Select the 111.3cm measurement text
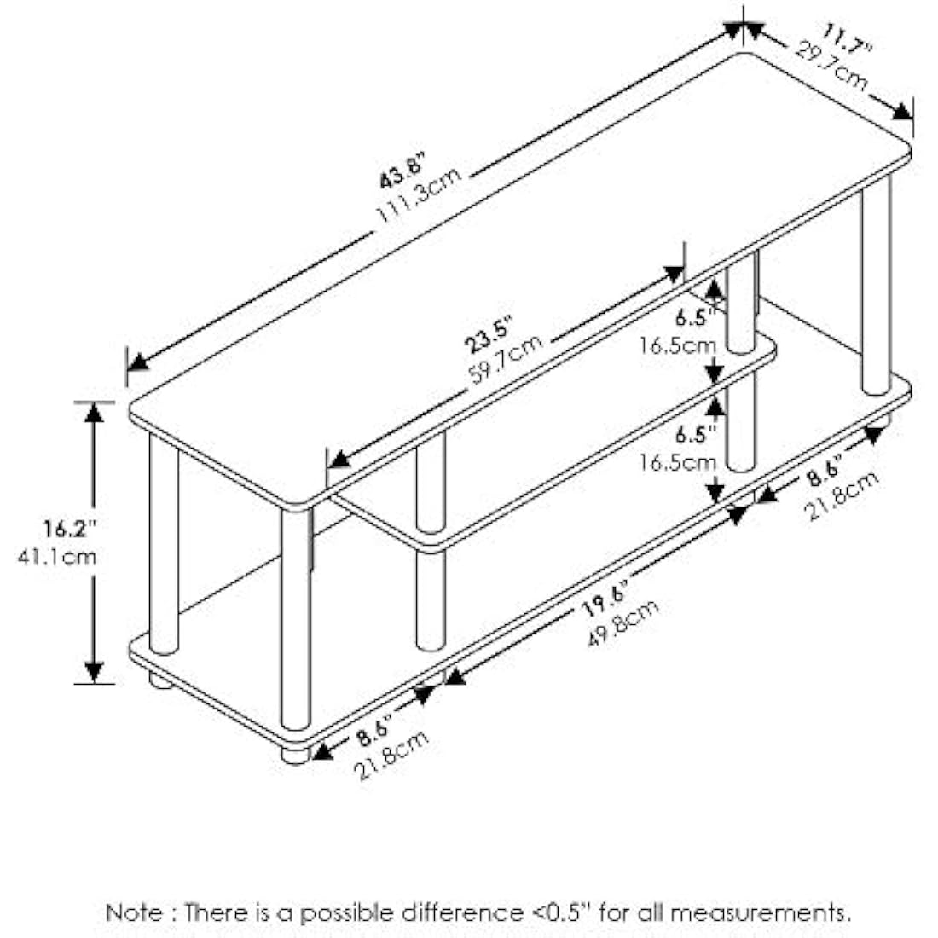[x=420, y=197]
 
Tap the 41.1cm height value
[x=56, y=557]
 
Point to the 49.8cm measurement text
[x=622, y=623]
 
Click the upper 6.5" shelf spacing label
[x=692, y=318]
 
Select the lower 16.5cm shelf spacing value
[x=679, y=462]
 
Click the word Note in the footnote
[x=132, y=913]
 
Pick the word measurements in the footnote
[x=760, y=913]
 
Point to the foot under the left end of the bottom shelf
[x=159, y=680]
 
